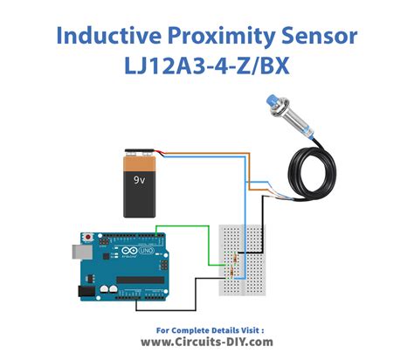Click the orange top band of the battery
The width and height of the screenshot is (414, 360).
[x=141, y=162]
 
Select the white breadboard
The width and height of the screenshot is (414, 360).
[x=239, y=253]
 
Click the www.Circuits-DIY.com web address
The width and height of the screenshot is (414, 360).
[x=206, y=343]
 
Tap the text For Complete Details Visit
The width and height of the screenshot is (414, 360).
[x=206, y=329]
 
